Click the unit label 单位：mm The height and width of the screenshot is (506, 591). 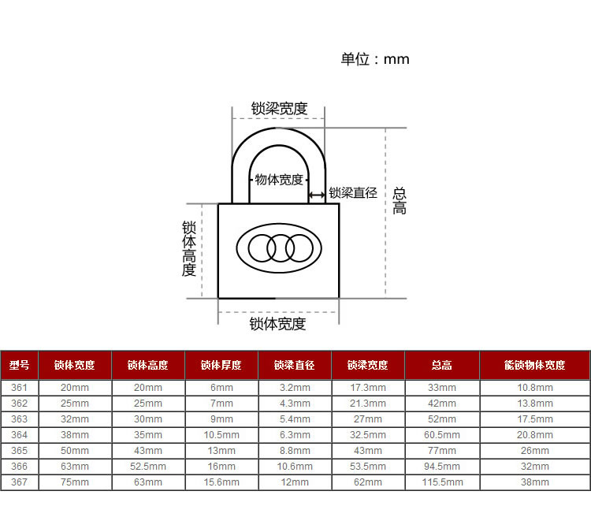pyautogui.click(x=375, y=59)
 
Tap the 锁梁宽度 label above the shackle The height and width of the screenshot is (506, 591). pyautogui.click(x=279, y=109)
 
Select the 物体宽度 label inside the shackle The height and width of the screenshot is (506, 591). pyautogui.click(x=279, y=180)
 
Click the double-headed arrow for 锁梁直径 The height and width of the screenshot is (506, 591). pyautogui.click(x=317, y=195)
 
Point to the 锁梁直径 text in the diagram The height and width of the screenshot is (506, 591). pyautogui.click(x=353, y=192)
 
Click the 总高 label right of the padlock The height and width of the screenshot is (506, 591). pyautogui.click(x=400, y=201)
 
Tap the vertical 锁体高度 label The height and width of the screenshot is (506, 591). pyautogui.click(x=189, y=248)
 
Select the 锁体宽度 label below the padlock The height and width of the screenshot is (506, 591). pyautogui.click(x=277, y=324)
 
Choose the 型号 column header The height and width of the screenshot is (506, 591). pyautogui.click(x=19, y=365)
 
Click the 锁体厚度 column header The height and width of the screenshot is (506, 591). pyautogui.click(x=221, y=365)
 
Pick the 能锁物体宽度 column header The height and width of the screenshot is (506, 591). pyautogui.click(x=535, y=365)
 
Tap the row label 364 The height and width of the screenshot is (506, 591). pyautogui.click(x=19, y=435)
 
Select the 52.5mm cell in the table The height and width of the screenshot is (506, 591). pyautogui.click(x=148, y=467)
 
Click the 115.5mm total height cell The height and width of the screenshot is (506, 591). pyautogui.click(x=442, y=482)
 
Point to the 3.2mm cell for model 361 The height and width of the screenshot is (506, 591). pyautogui.click(x=295, y=388)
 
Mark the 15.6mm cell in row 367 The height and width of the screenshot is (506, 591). pyautogui.click(x=221, y=482)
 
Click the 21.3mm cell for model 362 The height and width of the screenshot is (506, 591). pyautogui.click(x=368, y=404)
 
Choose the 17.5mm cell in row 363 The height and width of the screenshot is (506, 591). pyautogui.click(x=535, y=419)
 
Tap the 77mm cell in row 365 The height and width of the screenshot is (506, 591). pyautogui.click(x=442, y=451)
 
